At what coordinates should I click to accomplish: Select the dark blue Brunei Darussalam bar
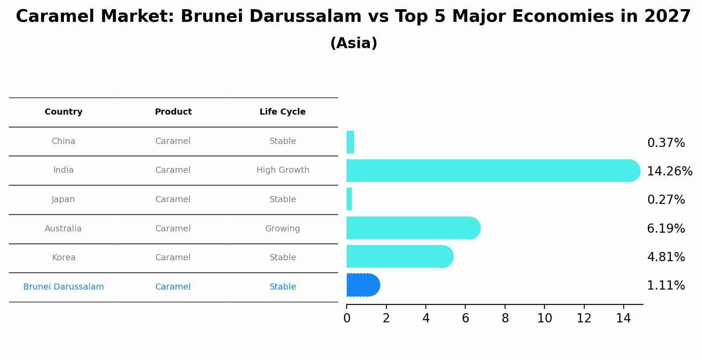pos(362,285)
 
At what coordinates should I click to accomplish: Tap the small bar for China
pos(350,142)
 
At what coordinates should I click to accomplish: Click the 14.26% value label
pos(670,171)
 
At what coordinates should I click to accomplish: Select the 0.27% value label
pos(666,199)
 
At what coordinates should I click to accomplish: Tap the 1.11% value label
pos(666,286)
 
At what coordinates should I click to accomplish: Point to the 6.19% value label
pos(666,228)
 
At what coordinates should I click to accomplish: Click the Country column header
pos(63,112)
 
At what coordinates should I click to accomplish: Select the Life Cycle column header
pos(282,112)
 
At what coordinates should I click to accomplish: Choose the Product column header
pos(173,112)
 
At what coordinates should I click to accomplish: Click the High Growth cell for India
pos(283,170)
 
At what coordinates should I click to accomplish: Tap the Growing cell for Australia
pos(282,229)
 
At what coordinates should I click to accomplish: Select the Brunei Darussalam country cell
pos(63,287)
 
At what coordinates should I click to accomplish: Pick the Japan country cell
pos(63,199)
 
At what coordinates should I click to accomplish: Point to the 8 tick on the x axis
pos(505,318)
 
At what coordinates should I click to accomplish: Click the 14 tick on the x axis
pos(623,318)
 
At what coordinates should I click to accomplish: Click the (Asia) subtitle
pos(354,43)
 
